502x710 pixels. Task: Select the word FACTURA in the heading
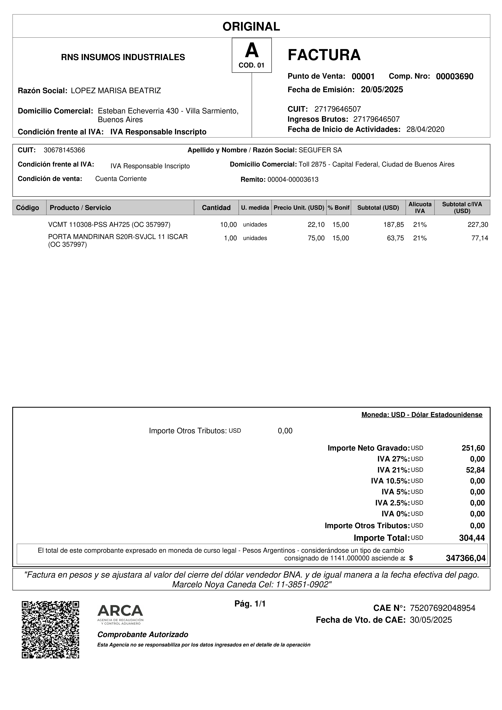(324, 55)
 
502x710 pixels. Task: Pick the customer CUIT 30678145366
(64, 150)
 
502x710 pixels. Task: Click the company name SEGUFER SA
(320, 150)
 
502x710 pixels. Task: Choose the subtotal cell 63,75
(396, 238)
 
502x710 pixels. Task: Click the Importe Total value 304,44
(472, 538)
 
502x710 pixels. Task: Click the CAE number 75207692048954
(442, 608)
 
